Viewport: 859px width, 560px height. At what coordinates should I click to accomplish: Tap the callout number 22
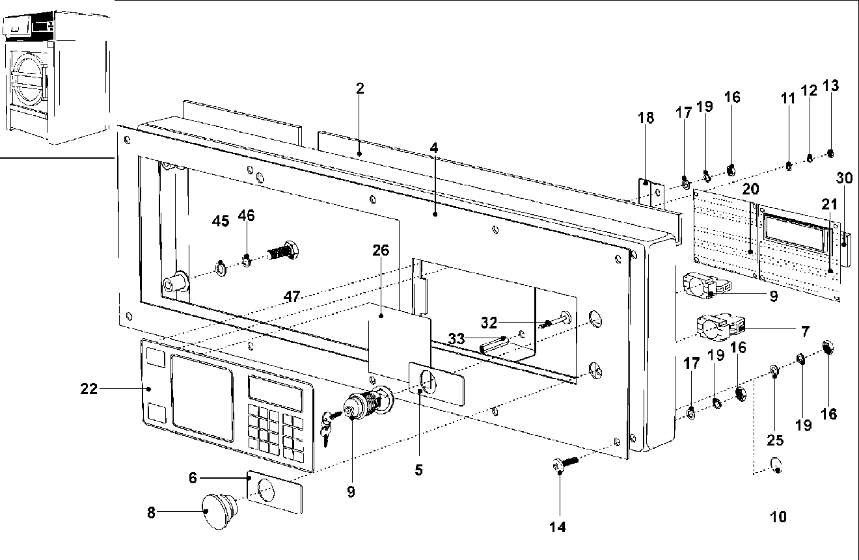point(89,389)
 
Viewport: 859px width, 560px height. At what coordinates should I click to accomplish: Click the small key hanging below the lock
point(327,432)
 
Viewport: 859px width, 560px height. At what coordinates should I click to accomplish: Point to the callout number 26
point(381,250)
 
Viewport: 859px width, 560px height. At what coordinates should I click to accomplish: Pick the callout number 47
point(292,297)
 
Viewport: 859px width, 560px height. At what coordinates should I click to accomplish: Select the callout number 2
point(359,88)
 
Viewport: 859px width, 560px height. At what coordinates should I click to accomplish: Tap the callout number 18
point(645,117)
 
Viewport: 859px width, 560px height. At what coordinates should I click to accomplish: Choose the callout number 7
point(804,332)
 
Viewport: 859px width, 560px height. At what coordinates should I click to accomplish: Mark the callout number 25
point(774,440)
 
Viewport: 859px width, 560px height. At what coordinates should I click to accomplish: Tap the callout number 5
point(418,469)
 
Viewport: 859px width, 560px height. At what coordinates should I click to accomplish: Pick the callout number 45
point(221,221)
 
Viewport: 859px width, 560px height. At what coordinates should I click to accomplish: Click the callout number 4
point(434,148)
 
